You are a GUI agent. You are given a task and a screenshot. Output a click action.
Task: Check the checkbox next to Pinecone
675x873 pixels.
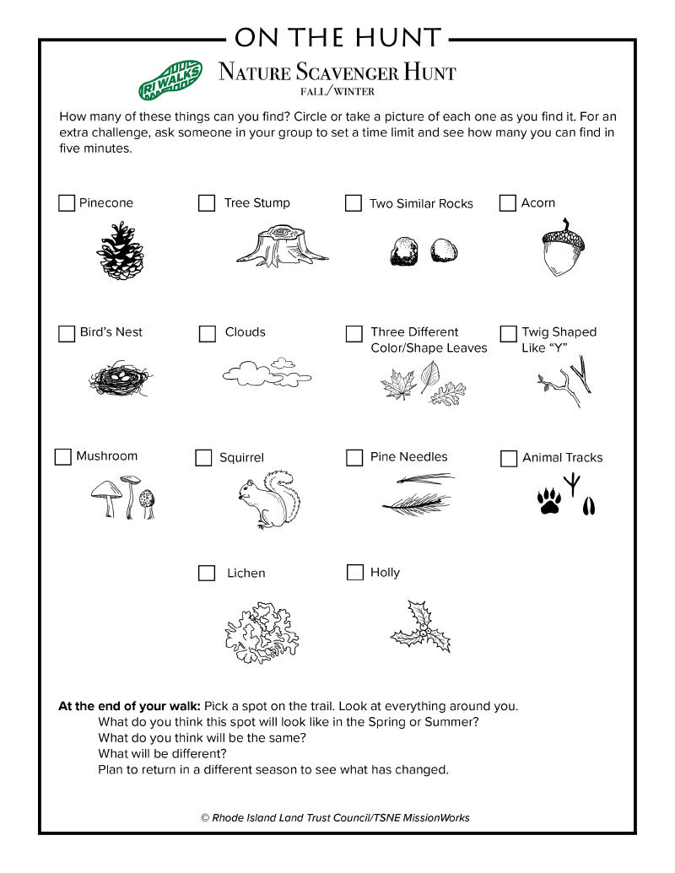pos(67,203)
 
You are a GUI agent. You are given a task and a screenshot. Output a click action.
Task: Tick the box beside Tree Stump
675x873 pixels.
pos(207,203)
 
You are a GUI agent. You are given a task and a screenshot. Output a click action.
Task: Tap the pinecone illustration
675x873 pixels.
pos(120,251)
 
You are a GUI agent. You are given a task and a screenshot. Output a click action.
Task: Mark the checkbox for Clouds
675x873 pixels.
pos(208,333)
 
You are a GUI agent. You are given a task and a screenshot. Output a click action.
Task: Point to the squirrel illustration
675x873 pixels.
pos(267,499)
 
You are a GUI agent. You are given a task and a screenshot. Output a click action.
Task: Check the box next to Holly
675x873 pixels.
pos(355,573)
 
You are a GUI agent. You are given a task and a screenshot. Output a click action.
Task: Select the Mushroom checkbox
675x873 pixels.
pos(63,456)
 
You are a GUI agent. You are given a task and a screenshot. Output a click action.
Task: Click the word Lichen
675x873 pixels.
pos(246,574)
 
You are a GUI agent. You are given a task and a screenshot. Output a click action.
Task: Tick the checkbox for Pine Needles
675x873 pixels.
pos(354,457)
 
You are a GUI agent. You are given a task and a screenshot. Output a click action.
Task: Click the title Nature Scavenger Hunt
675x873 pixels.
pos(337,73)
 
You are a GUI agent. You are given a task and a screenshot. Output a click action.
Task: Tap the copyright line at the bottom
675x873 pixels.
pos(335,817)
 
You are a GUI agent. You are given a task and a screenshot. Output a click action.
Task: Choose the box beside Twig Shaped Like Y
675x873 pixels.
pos(508,333)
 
